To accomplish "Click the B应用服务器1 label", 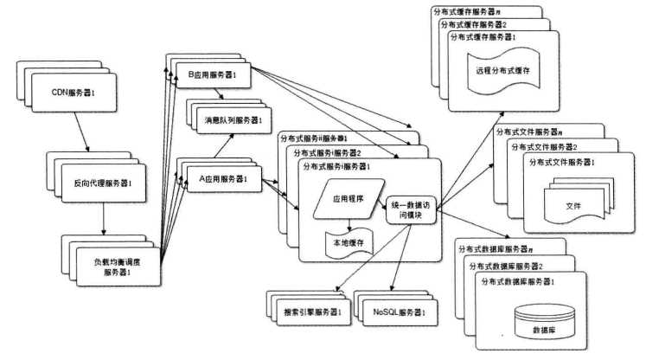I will pyautogui.click(x=212, y=74).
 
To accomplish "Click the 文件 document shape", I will pyautogui.click(x=572, y=205).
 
